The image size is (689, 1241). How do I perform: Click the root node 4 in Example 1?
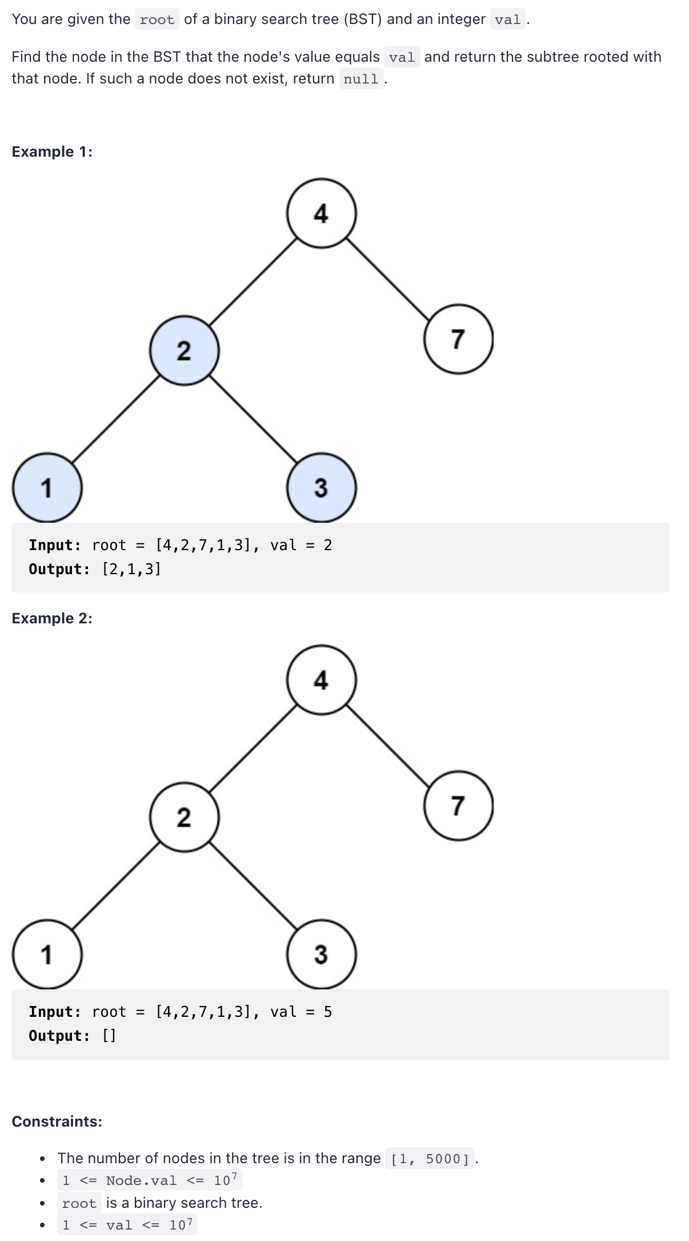pos(322,213)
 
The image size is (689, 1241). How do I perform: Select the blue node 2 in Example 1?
pos(184,350)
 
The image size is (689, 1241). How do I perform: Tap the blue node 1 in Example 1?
pos(47,487)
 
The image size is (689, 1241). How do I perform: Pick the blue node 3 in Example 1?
pos(321,487)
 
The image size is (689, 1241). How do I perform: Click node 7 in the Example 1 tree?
pos(458,339)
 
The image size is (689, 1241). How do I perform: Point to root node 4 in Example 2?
pos(322,680)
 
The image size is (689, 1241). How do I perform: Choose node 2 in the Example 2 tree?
pos(184,817)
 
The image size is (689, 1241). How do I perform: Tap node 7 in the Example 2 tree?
pos(458,805)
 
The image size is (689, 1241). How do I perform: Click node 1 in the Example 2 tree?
pos(47,954)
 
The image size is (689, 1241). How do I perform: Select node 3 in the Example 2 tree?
pos(321,954)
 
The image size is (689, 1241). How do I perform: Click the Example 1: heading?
pos(52,152)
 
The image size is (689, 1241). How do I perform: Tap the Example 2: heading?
pos(52,618)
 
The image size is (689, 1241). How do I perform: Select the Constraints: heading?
pos(57,1121)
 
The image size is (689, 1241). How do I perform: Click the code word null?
pos(361,79)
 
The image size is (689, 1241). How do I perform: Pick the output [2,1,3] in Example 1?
pos(131,569)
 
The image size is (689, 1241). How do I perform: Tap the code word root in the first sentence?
pos(157,20)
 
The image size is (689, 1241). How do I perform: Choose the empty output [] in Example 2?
pos(109,1036)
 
